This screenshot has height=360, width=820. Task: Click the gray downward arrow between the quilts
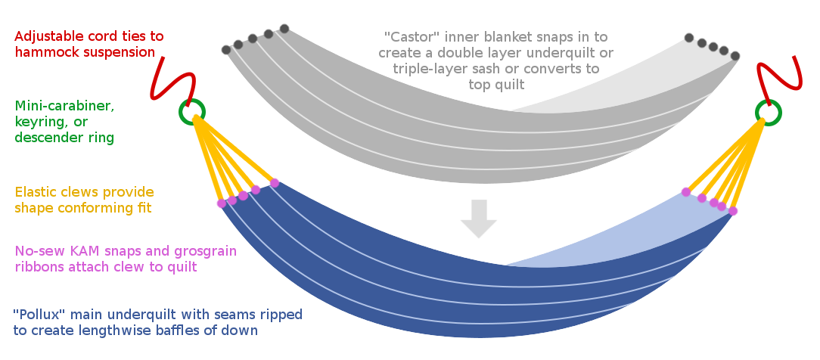(479, 219)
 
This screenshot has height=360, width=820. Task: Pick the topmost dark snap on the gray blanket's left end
(284, 28)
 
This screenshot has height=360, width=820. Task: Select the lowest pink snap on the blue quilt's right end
(733, 211)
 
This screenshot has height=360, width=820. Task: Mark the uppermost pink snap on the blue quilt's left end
(275, 183)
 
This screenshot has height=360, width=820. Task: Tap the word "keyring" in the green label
(51, 123)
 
